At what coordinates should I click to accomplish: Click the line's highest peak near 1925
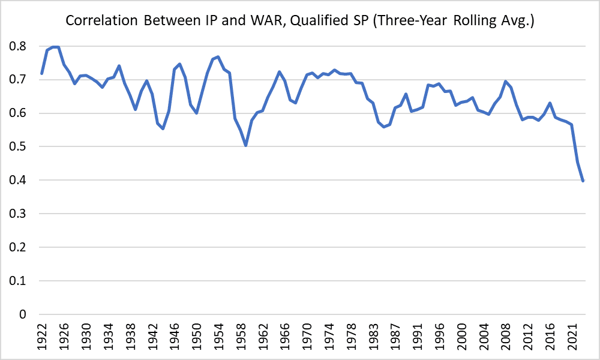tap(56, 46)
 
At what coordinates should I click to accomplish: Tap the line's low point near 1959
tap(245, 145)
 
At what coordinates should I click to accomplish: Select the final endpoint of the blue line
tap(583, 181)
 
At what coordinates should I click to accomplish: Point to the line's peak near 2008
tap(505, 81)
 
